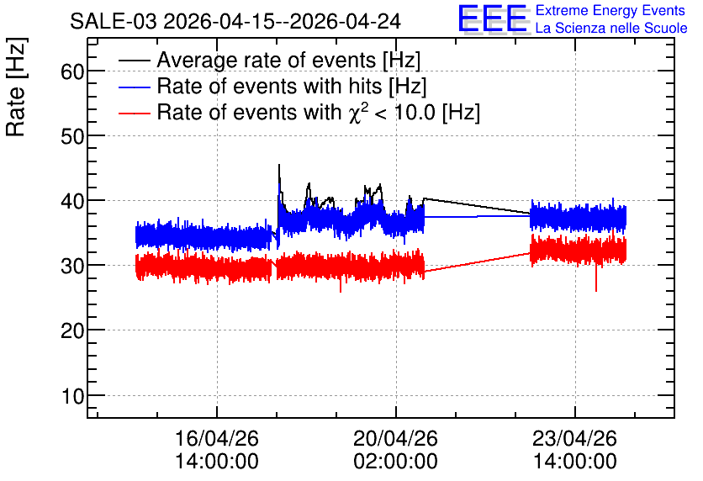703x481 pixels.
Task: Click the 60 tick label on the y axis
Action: (x=72, y=71)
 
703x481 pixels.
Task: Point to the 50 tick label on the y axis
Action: (x=72, y=136)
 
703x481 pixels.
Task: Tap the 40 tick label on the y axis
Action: (x=72, y=201)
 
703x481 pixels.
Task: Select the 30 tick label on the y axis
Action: (x=72, y=266)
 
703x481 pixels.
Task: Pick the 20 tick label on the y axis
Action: (x=72, y=330)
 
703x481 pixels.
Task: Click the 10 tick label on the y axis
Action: (x=72, y=396)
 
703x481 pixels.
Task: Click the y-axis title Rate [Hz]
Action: (x=16, y=87)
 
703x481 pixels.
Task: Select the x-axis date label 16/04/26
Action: (x=217, y=438)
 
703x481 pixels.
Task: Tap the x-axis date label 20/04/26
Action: (x=395, y=438)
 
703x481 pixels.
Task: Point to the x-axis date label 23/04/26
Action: (x=575, y=438)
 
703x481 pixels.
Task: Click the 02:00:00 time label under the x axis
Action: (x=395, y=461)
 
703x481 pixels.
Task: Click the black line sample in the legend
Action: (x=134, y=60)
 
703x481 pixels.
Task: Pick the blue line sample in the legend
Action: (x=134, y=87)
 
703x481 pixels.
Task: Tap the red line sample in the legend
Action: (x=134, y=113)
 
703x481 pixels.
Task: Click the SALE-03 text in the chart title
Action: (x=114, y=21)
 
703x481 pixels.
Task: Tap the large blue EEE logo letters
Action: (x=493, y=18)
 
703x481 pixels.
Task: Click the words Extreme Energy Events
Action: (x=610, y=10)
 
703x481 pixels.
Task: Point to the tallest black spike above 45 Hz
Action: (x=279, y=166)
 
